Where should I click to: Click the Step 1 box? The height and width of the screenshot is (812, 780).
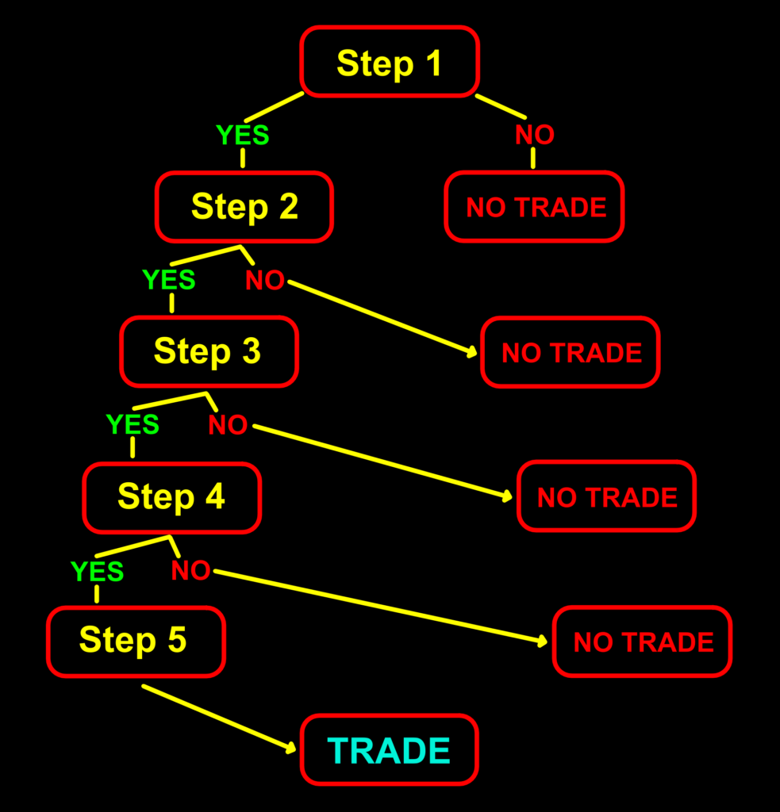pos(389,62)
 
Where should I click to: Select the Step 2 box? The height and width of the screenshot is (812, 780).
pos(244,207)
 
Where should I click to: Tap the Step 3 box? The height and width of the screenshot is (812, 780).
pos(208,351)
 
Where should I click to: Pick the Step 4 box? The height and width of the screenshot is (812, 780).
pos(171,497)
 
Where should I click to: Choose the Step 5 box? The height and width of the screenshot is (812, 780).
pos(135,641)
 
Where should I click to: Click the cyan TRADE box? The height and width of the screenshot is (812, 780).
pos(389,750)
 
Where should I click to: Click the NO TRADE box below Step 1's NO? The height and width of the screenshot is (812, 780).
pos(534,207)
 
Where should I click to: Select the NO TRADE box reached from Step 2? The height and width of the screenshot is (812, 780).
pos(571,352)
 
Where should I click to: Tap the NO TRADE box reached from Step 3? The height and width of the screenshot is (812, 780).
pos(606,497)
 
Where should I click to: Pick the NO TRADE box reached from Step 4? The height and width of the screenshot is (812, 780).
pos(643,642)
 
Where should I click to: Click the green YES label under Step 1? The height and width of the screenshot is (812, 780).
pos(243,136)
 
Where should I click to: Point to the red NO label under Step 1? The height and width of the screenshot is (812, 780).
pos(534,135)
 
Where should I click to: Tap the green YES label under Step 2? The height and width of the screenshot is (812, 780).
pos(169,280)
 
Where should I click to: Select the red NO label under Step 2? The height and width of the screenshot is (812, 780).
pos(265,281)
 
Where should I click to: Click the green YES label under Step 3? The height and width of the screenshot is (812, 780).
pos(133,425)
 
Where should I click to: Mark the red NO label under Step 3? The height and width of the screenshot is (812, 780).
pos(228,426)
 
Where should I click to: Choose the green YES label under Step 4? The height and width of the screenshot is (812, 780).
pos(98,571)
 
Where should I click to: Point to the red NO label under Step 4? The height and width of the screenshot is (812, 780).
pos(190,570)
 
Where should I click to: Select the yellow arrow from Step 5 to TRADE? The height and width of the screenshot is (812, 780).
pos(214,715)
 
